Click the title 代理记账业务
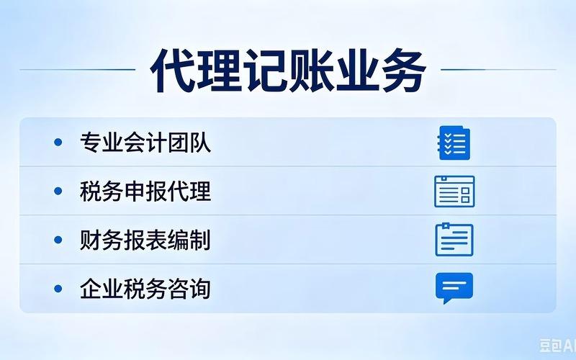(x=288, y=71)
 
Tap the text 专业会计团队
(x=145, y=142)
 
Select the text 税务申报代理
(x=145, y=191)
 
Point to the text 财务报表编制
(x=145, y=240)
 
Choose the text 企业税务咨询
(x=145, y=289)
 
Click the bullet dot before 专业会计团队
(x=58, y=142)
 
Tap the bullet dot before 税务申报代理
(x=58, y=191)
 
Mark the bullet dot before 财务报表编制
(x=58, y=240)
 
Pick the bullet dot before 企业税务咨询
(x=58, y=289)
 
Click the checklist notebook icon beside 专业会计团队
(x=454, y=143)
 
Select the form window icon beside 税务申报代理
(x=454, y=192)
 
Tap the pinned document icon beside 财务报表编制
(x=454, y=240)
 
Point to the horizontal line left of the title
(x=78, y=69)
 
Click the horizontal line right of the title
(x=498, y=69)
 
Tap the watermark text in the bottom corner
(x=557, y=346)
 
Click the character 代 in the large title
(x=172, y=71)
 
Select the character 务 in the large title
(x=404, y=71)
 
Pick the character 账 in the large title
(x=312, y=71)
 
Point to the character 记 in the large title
(x=265, y=71)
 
